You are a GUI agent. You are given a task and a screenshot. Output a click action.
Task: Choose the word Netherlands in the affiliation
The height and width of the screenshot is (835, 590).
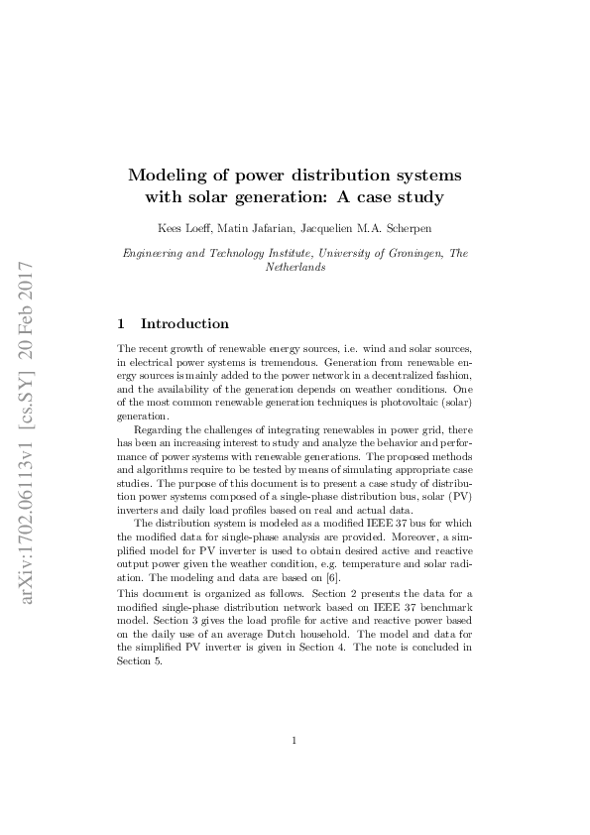pos(295,268)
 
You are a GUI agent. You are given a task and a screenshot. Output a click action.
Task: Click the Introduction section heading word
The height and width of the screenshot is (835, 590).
pos(184,324)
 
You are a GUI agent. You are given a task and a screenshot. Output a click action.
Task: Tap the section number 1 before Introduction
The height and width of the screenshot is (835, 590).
pos(121,324)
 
